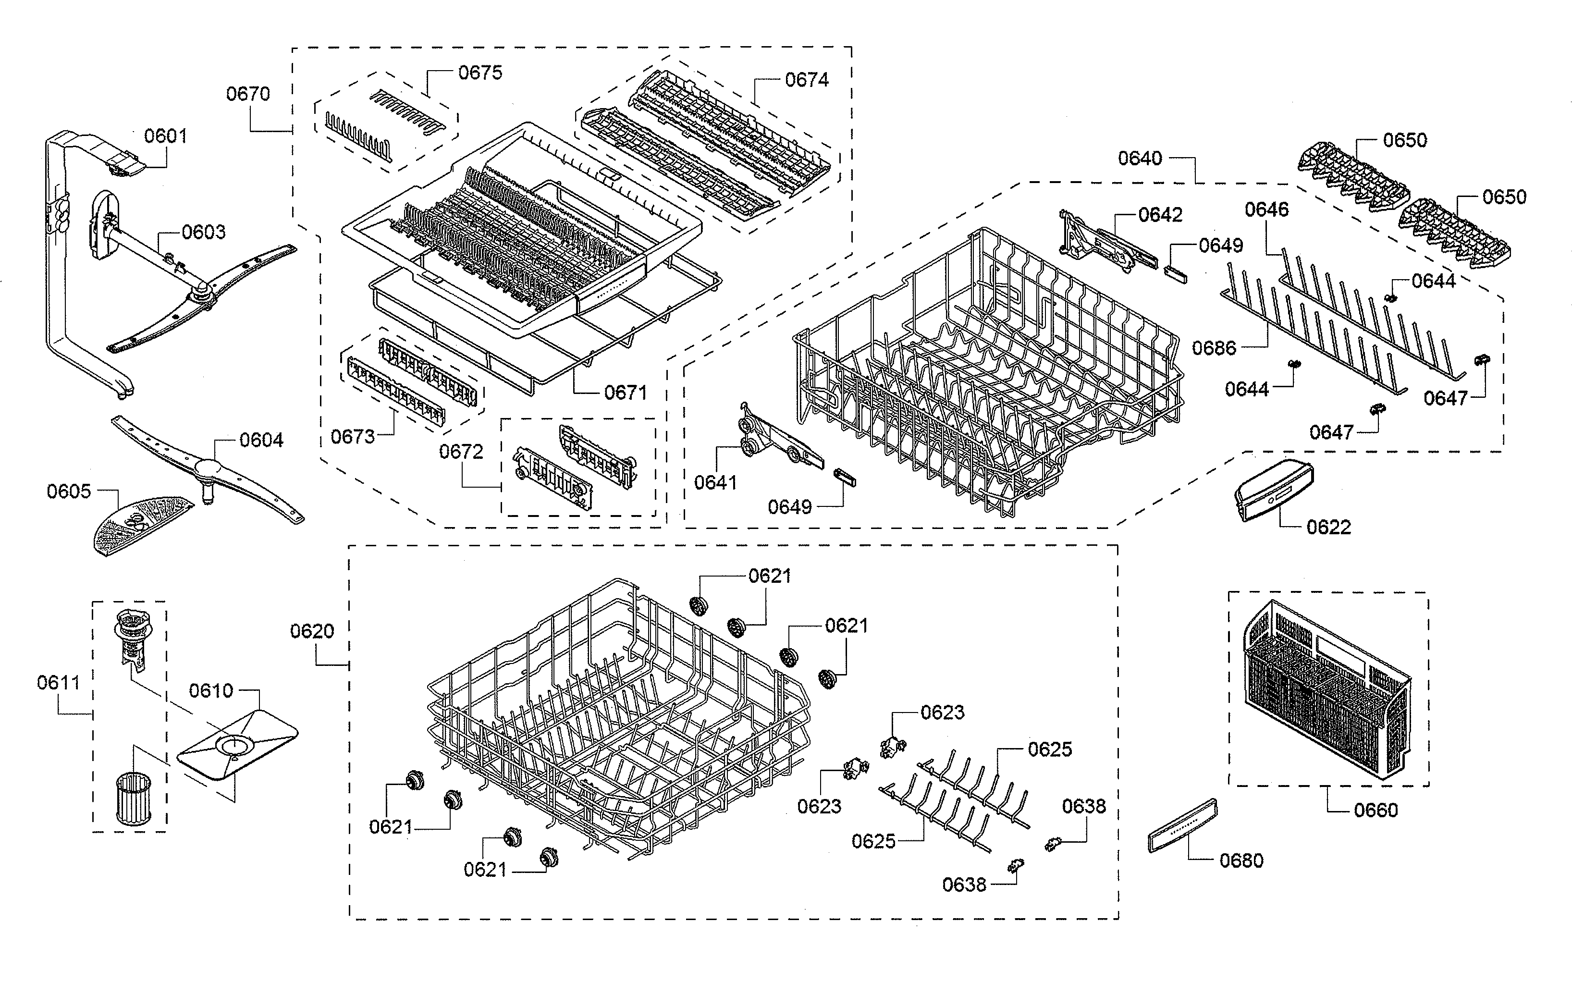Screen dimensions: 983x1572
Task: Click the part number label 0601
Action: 165,136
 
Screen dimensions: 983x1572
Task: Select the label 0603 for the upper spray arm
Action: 204,232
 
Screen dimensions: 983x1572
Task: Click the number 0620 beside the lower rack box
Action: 312,631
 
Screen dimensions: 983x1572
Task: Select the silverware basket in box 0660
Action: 1326,692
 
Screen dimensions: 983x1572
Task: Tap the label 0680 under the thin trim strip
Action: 1241,861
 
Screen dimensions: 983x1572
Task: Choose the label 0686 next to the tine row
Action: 1214,348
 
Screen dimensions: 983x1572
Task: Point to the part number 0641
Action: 715,483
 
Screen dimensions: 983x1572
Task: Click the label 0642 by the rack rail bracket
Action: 1160,215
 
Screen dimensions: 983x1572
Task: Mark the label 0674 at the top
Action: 806,80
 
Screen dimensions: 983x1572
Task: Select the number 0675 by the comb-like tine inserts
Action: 480,73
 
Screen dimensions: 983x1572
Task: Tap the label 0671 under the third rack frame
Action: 626,393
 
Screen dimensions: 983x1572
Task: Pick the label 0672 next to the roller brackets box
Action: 461,452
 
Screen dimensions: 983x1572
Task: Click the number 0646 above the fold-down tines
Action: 1266,209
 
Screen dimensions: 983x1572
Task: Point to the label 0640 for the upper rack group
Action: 1140,158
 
